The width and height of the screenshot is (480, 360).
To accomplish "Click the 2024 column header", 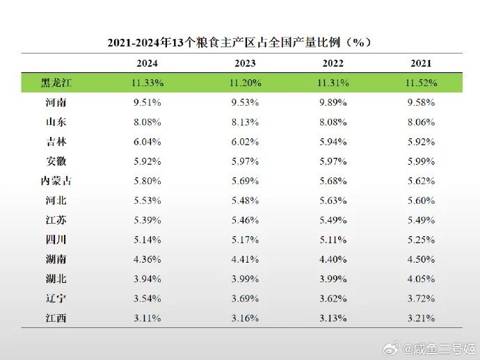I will pyautogui.click(x=147, y=63).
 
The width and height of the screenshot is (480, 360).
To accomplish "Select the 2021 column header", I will pyautogui.click(x=421, y=63).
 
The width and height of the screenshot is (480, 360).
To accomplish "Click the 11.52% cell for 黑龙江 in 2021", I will pyautogui.click(x=421, y=83).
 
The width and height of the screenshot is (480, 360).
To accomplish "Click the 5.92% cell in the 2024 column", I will pyautogui.click(x=147, y=161).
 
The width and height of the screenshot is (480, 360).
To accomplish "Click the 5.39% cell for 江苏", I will pyautogui.click(x=147, y=220).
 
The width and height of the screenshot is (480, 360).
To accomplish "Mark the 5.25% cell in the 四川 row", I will pyautogui.click(x=421, y=240).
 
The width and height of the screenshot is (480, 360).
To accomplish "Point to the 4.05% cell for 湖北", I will pyautogui.click(x=421, y=279).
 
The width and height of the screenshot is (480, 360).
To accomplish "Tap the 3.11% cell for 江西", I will pyautogui.click(x=147, y=318).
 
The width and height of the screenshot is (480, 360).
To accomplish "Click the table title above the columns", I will pyautogui.click(x=239, y=42).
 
